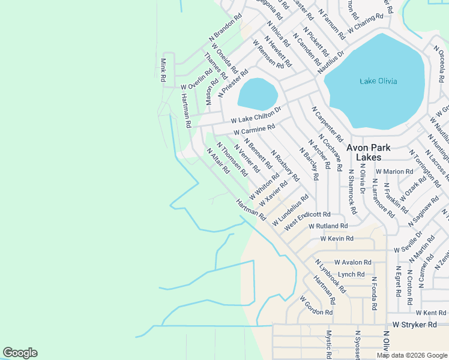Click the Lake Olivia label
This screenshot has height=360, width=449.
click(378, 81)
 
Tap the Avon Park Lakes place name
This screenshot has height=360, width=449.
click(368, 152)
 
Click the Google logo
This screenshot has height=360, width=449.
click(20, 353)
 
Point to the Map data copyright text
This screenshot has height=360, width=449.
click(411, 355)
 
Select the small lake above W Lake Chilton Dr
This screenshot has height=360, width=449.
click(258, 94)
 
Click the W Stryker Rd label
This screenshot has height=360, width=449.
click(414, 325)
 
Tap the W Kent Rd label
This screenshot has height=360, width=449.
click(430, 313)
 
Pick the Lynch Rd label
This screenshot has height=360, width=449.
click(351, 274)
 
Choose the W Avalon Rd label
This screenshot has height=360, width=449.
click(353, 262)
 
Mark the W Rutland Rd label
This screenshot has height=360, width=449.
click(328, 226)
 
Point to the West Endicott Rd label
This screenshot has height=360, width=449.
click(307, 219)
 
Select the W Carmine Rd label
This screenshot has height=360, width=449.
click(254, 129)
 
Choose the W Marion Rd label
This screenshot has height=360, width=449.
click(393, 171)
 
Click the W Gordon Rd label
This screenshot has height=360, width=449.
click(316, 305)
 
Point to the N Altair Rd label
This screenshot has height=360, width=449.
click(218, 161)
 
